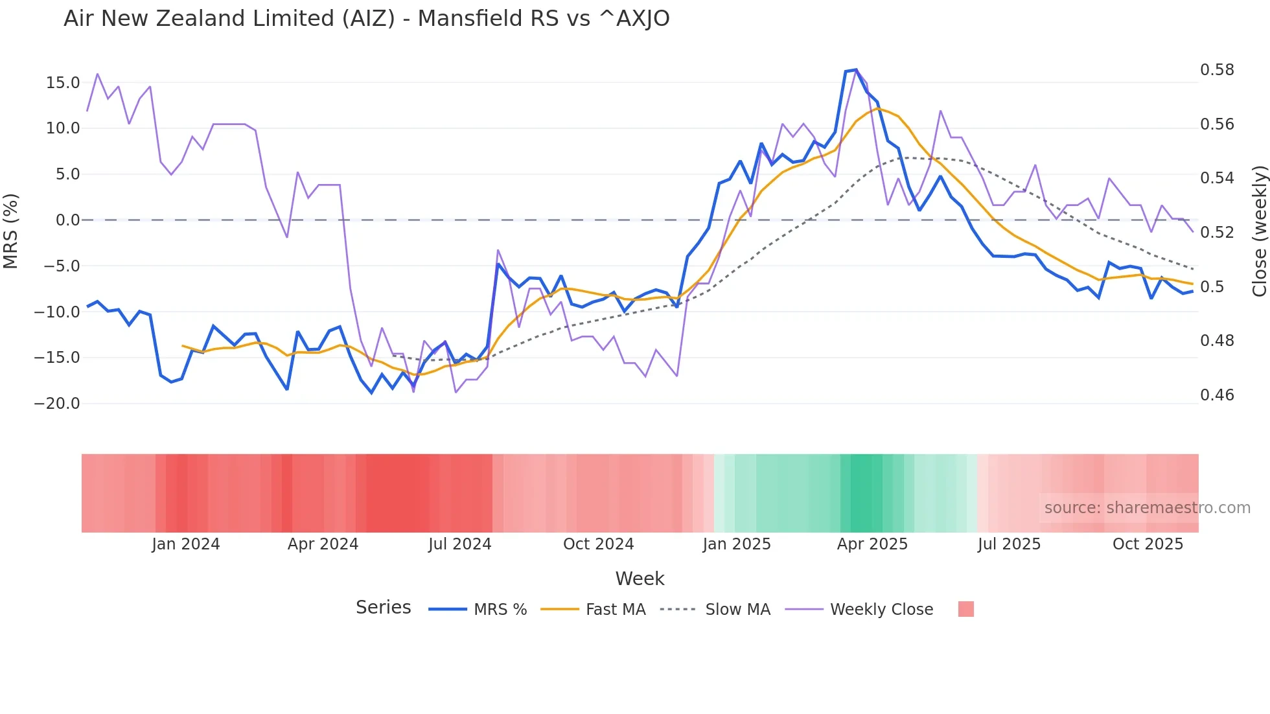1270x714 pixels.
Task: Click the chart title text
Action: point(366,19)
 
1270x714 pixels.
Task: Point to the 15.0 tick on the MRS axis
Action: point(63,83)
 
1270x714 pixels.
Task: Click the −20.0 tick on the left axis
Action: point(57,404)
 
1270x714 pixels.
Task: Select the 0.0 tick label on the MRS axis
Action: point(68,220)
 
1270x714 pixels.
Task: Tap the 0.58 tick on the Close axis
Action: point(1217,70)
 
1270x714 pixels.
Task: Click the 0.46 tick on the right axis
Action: point(1217,395)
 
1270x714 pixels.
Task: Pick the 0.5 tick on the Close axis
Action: point(1212,287)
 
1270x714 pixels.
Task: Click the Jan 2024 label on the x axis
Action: point(186,544)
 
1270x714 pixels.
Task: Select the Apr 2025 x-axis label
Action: point(872,544)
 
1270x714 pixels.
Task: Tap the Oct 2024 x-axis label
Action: point(598,544)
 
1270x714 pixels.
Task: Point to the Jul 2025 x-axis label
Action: point(1009,544)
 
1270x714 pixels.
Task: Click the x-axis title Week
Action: point(640,579)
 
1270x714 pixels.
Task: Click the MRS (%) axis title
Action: point(11,231)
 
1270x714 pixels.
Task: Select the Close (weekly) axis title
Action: point(1259,231)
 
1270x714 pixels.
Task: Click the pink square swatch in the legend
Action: point(965,609)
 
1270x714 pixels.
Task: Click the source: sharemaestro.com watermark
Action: point(1147,508)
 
